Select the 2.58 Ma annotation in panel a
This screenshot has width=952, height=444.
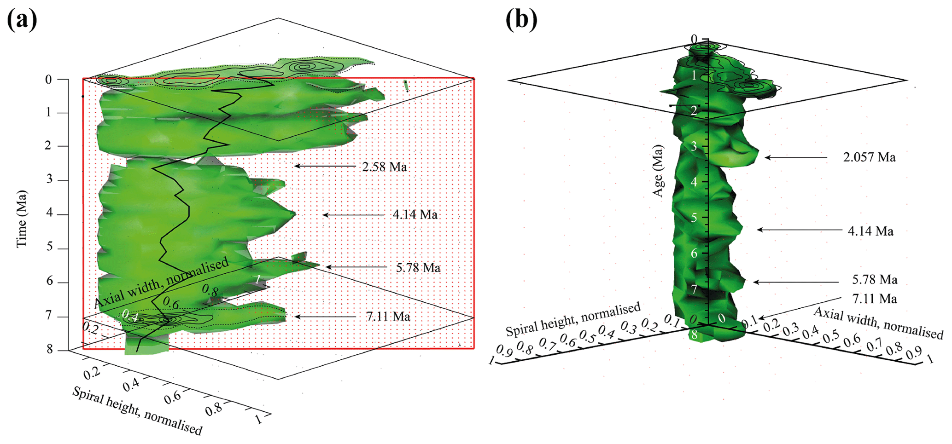point(384,167)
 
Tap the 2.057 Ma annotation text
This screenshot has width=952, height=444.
point(869,157)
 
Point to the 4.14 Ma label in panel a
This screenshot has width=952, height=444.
point(415,214)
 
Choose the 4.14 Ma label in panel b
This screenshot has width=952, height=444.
point(870,231)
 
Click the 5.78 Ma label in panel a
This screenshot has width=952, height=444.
point(418,267)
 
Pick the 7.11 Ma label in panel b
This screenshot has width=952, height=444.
point(874,299)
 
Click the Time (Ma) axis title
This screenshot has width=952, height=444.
point(22,219)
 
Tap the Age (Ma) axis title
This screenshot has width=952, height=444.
point(658,171)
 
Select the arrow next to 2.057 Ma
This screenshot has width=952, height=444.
point(796,157)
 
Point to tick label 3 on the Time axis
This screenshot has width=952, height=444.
point(49,179)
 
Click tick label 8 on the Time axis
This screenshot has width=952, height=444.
point(49,350)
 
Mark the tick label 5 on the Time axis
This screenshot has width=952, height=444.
point(49,248)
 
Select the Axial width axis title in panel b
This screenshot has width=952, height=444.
point(878,323)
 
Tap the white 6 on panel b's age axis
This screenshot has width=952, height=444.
point(694,254)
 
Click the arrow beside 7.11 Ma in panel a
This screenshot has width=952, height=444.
point(325,317)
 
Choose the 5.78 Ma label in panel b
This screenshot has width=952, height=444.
point(874,280)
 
